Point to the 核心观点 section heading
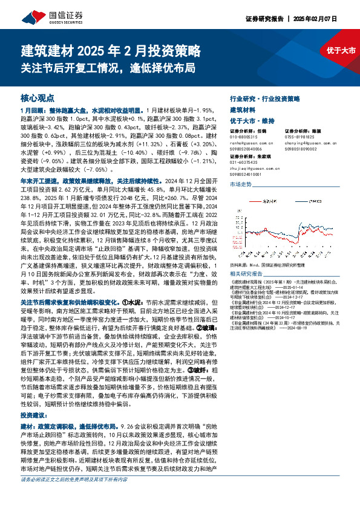38,98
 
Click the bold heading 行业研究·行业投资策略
266,98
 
